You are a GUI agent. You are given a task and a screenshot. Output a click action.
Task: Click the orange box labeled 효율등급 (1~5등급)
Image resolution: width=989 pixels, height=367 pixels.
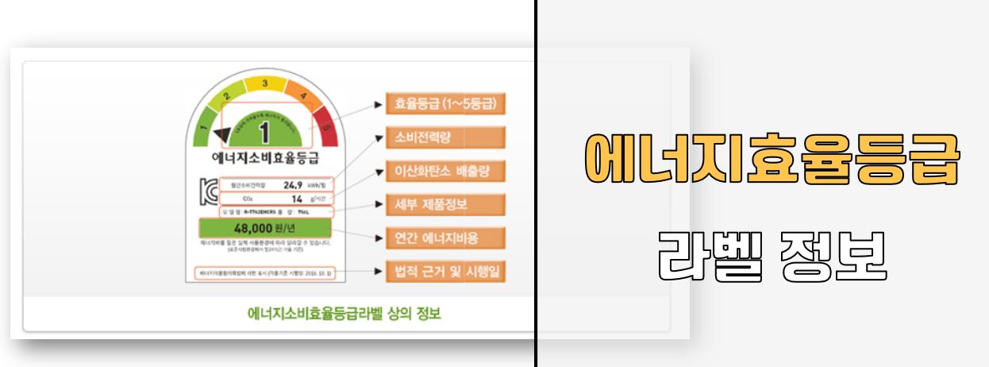pos(445,103)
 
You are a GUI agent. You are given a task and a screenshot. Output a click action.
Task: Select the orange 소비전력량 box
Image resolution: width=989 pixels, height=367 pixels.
pos(445,137)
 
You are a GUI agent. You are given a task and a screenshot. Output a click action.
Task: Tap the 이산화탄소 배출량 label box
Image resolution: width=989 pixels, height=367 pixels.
pos(445,171)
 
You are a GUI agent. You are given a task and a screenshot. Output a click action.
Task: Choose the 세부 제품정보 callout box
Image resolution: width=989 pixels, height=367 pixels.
pos(445,204)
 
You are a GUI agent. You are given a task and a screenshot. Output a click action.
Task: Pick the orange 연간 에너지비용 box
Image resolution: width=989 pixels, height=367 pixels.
pos(445,238)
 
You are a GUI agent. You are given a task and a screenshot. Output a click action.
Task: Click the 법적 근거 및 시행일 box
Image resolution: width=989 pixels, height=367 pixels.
pos(445,271)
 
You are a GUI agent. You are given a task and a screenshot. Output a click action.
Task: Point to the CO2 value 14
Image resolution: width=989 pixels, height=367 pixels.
pos(297,198)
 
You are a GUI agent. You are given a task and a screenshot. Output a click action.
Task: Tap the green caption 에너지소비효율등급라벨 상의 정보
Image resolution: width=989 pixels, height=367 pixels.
pos(344,313)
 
